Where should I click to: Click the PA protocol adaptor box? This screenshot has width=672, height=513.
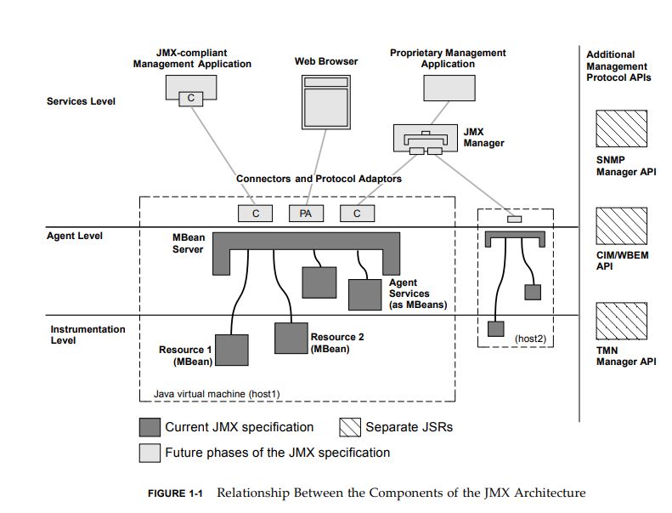(306, 214)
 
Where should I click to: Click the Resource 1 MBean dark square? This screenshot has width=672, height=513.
(232, 351)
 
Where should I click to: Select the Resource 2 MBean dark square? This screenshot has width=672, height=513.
(291, 337)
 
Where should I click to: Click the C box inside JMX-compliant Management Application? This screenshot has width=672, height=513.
(191, 98)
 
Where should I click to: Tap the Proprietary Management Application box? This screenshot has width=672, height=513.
(448, 87)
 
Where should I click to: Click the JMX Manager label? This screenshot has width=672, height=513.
(483, 138)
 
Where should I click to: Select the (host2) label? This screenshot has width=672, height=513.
(528, 339)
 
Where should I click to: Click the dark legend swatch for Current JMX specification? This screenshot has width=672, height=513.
(150, 427)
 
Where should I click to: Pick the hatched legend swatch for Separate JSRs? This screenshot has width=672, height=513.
(351, 427)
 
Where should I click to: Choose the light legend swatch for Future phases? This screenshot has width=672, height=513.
(150, 453)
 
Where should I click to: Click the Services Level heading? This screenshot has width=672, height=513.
(81, 101)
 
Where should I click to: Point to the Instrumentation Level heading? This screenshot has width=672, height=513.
(88, 334)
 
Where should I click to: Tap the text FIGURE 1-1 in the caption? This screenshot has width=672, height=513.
(178, 493)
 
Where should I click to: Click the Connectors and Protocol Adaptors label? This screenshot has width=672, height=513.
(319, 179)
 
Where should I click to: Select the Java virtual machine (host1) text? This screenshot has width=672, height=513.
(217, 394)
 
